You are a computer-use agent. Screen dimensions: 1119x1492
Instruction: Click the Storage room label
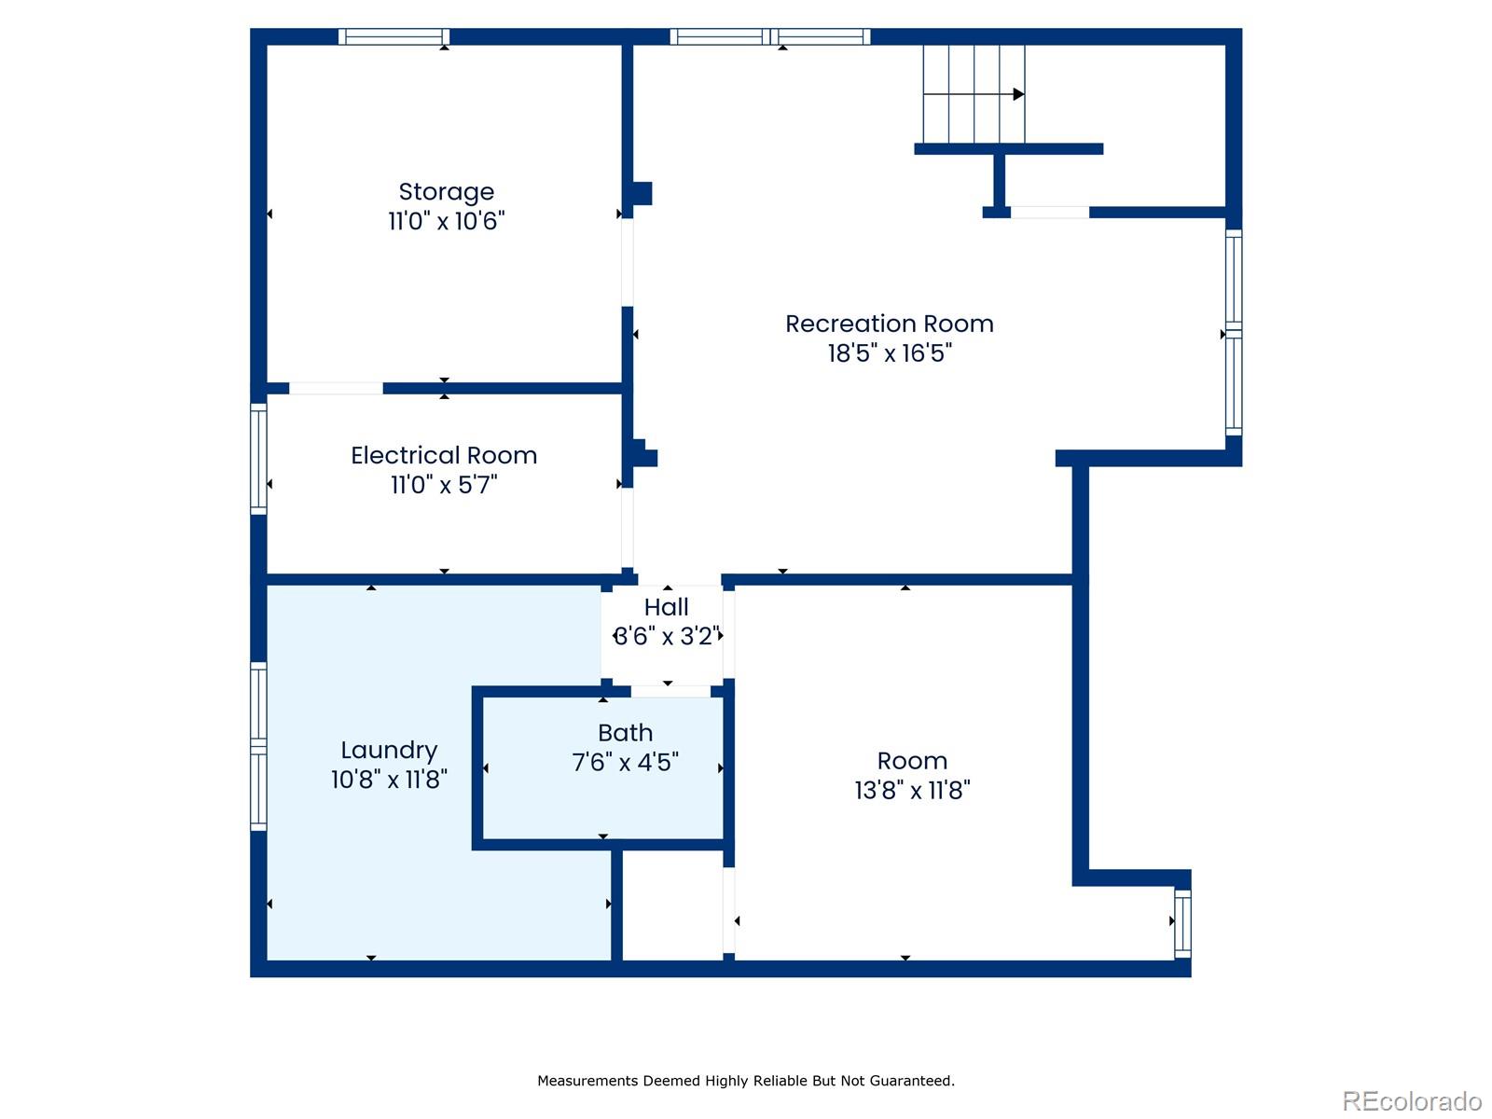[446, 191]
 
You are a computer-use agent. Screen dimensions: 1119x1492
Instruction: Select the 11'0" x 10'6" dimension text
[446, 221]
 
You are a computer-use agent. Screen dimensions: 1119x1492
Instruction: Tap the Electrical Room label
[444, 455]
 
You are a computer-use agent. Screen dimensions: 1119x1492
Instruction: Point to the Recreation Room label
[889, 324]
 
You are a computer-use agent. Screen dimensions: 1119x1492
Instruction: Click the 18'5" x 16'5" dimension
[889, 352]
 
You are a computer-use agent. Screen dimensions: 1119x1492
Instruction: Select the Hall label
[666, 607]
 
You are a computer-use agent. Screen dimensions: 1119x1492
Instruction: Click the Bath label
[625, 733]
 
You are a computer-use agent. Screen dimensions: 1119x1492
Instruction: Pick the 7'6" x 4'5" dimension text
[625, 762]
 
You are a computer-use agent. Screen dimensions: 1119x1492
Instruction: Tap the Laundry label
[389, 750]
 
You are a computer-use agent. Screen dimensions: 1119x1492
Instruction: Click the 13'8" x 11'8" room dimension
[912, 790]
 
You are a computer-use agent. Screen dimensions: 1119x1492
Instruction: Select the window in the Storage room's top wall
[394, 37]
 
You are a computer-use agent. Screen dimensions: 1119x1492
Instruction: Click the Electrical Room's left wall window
[258, 459]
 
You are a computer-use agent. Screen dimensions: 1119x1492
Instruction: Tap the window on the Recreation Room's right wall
[1233, 332]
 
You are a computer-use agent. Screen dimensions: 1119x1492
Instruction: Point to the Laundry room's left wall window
[258, 746]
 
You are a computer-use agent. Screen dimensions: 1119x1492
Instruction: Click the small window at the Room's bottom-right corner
[1182, 923]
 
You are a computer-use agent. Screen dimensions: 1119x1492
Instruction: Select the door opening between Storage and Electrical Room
[336, 388]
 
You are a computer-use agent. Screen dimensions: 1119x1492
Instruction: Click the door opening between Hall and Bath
[670, 691]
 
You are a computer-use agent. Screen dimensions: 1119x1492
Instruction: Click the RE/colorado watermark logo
[1412, 1101]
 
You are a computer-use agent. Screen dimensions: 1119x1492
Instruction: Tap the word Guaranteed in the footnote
[911, 1081]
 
